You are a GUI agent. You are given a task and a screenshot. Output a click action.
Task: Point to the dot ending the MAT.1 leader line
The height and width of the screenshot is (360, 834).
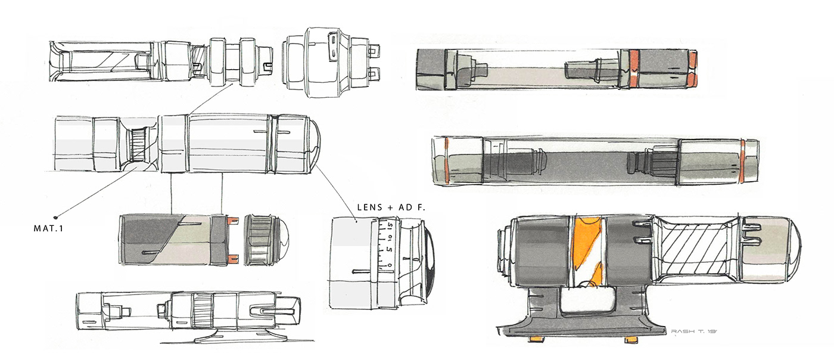pos(55,217)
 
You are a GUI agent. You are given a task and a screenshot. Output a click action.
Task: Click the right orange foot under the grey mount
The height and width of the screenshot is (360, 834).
pos(631,340)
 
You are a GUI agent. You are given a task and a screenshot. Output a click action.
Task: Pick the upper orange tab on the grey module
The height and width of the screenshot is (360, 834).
pos(232,220)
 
